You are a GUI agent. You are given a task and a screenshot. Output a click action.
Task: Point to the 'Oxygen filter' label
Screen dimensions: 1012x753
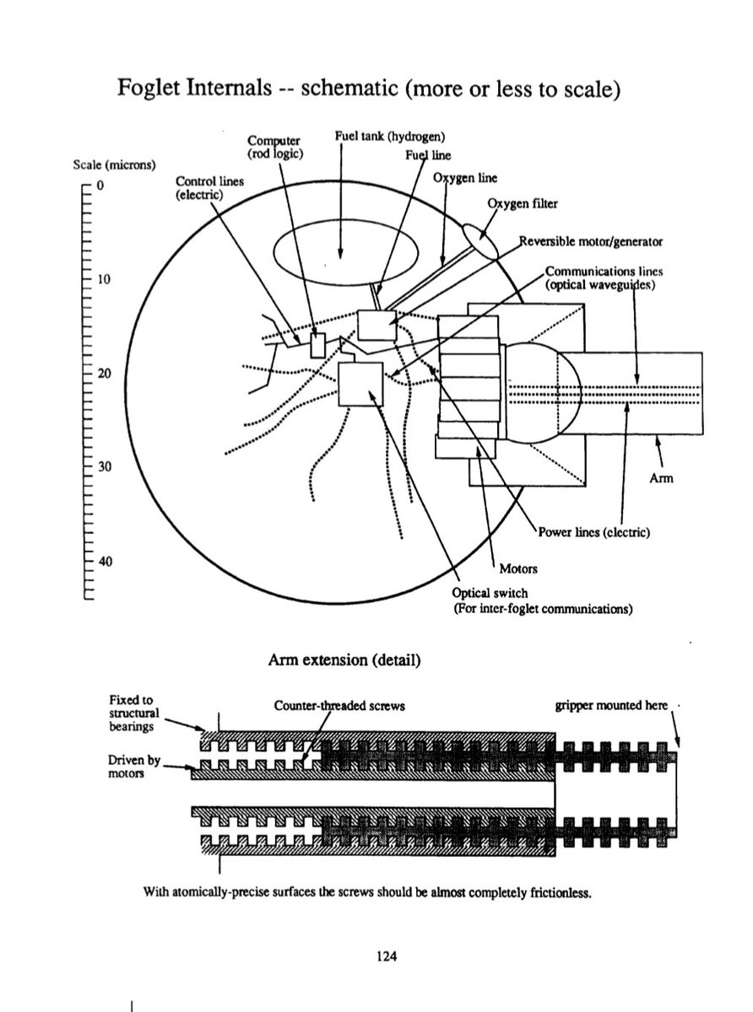click(523, 203)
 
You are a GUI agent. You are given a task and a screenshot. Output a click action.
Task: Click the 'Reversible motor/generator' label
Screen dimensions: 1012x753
click(590, 241)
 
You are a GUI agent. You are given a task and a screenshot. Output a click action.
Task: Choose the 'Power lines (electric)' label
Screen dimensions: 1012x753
click(592, 532)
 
